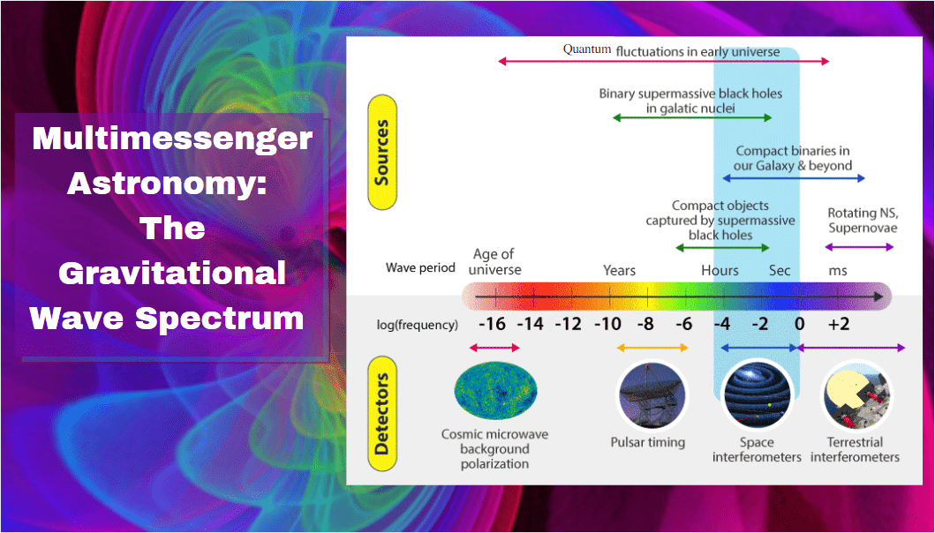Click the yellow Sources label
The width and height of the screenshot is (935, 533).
[x=382, y=153]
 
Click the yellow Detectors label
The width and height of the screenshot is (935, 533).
[x=382, y=414]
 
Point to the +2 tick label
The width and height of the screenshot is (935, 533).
[x=838, y=325]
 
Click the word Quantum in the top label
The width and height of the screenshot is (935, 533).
[x=587, y=49]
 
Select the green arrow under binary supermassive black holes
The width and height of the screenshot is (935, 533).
[x=692, y=117]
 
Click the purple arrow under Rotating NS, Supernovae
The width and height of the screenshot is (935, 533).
[x=859, y=247]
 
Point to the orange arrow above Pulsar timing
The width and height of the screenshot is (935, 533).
[x=652, y=348]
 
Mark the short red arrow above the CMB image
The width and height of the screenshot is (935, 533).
[x=495, y=348]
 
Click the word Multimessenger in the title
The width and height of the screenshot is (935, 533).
[x=172, y=139]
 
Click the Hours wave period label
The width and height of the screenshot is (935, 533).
[x=720, y=271]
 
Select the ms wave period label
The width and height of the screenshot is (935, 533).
[x=838, y=271]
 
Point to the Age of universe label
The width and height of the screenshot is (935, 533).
[x=494, y=262]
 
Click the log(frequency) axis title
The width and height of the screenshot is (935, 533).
[x=418, y=326]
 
